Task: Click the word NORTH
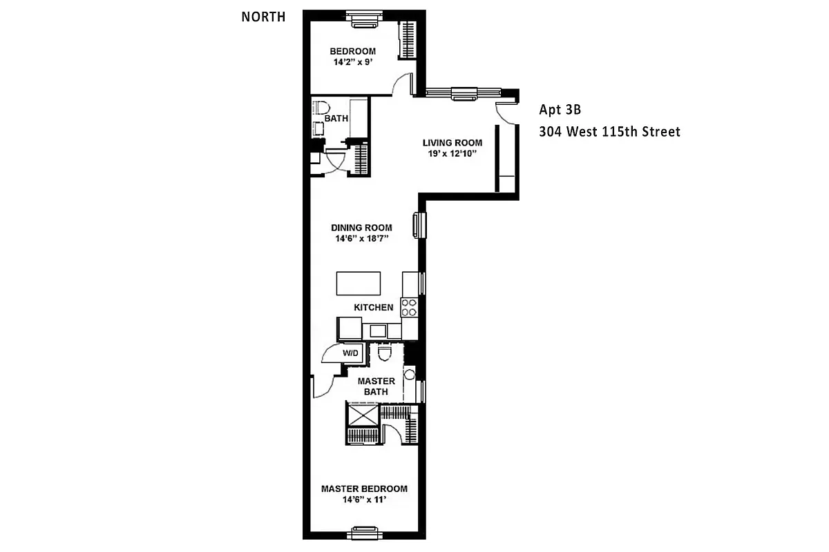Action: tap(263, 17)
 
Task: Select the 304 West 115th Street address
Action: tap(609, 131)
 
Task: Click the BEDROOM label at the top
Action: tap(352, 51)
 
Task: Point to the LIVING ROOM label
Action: tap(452, 143)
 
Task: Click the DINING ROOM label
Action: tap(361, 228)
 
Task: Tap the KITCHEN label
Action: tap(374, 307)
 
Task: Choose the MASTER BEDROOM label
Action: tap(364, 489)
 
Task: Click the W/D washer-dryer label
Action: tap(351, 354)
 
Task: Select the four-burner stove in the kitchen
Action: tap(410, 306)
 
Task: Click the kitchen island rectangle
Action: tap(359, 283)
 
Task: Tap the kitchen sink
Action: tap(378, 331)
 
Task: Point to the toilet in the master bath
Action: tap(385, 353)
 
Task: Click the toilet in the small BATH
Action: tap(321, 108)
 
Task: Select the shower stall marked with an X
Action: tap(363, 415)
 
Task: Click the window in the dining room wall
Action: tap(418, 225)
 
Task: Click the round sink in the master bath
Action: tap(409, 375)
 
